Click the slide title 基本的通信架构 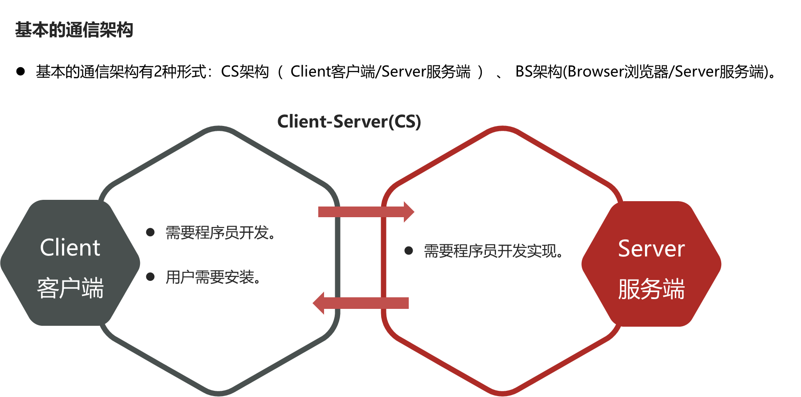coord(74,30)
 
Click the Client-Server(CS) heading coord(349,122)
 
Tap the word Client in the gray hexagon coord(70,247)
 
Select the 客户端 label coord(70,288)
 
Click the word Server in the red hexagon coord(651,248)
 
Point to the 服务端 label coord(651,289)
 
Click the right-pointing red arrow coord(361,212)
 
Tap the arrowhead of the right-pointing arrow coord(409,212)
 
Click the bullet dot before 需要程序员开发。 coord(150,232)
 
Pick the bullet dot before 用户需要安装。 coord(150,277)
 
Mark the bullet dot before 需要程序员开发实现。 coord(408,251)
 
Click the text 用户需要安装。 coord(213,277)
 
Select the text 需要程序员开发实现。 coord(493,251)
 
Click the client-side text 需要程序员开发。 coord(221,232)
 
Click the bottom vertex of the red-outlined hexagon coord(502,394)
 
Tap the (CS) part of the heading coord(404,122)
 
